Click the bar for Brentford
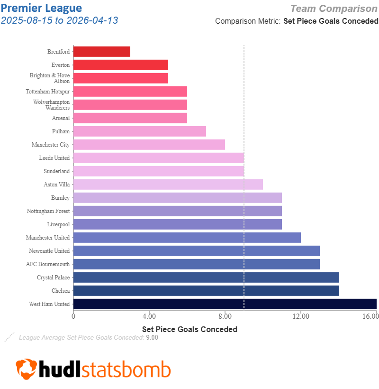tap(101, 52)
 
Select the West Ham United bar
tap(225, 304)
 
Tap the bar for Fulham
tap(139, 131)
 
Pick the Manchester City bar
tap(149, 145)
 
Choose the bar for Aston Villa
tap(168, 185)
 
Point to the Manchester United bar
tap(187, 238)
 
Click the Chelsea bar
tap(206, 291)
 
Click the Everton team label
tap(60, 65)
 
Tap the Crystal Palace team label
tap(53, 278)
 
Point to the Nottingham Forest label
tap(48, 211)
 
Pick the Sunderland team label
tap(56, 171)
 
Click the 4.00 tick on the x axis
tap(149, 316)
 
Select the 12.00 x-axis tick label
tap(300, 316)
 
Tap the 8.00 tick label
tap(225, 316)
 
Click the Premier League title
tap(41, 8)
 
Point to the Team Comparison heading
tap(334, 9)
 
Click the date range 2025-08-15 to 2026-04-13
tap(60, 20)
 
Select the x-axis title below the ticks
tap(189, 329)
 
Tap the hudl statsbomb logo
tap(93, 369)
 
